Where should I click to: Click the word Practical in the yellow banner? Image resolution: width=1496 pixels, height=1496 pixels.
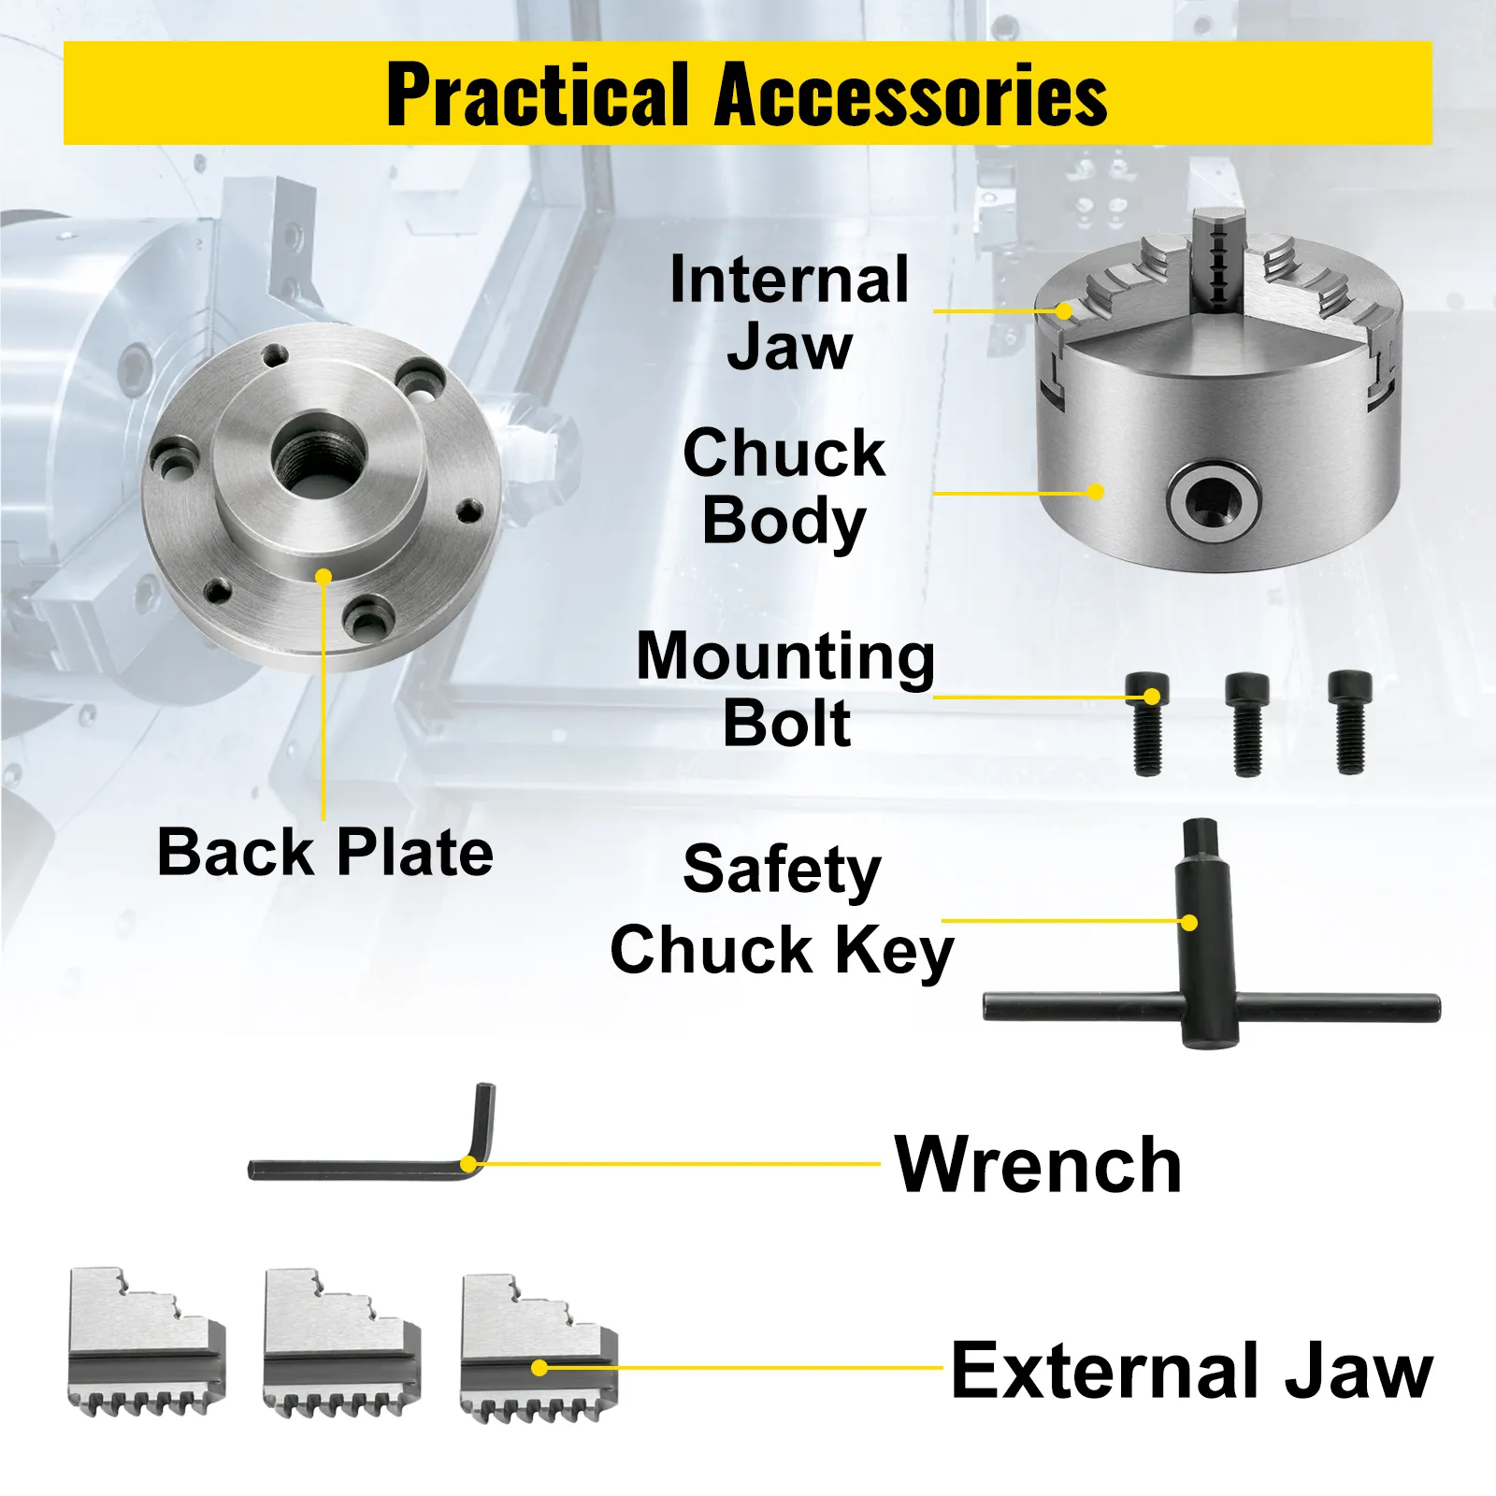(x=539, y=93)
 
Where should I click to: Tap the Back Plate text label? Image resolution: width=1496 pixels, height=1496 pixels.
(x=325, y=852)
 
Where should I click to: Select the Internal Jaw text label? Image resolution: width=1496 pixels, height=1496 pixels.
(x=789, y=313)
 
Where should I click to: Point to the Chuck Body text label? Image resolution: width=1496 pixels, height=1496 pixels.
(x=784, y=486)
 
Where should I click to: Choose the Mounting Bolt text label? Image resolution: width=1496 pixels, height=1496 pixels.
(x=785, y=689)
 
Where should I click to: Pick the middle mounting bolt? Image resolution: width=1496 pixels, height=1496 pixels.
(x=1247, y=723)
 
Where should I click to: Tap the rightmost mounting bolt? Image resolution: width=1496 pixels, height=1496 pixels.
(x=1350, y=722)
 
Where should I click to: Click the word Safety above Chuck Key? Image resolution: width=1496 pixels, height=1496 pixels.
(x=782, y=870)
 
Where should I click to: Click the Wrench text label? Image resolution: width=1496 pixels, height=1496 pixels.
(x=1038, y=1164)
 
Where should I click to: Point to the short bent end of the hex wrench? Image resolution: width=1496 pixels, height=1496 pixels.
(x=484, y=1123)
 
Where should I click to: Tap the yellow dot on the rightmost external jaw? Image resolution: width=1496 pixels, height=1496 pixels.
(x=539, y=1368)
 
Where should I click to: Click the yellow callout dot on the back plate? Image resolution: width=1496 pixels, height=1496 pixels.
(x=324, y=577)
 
